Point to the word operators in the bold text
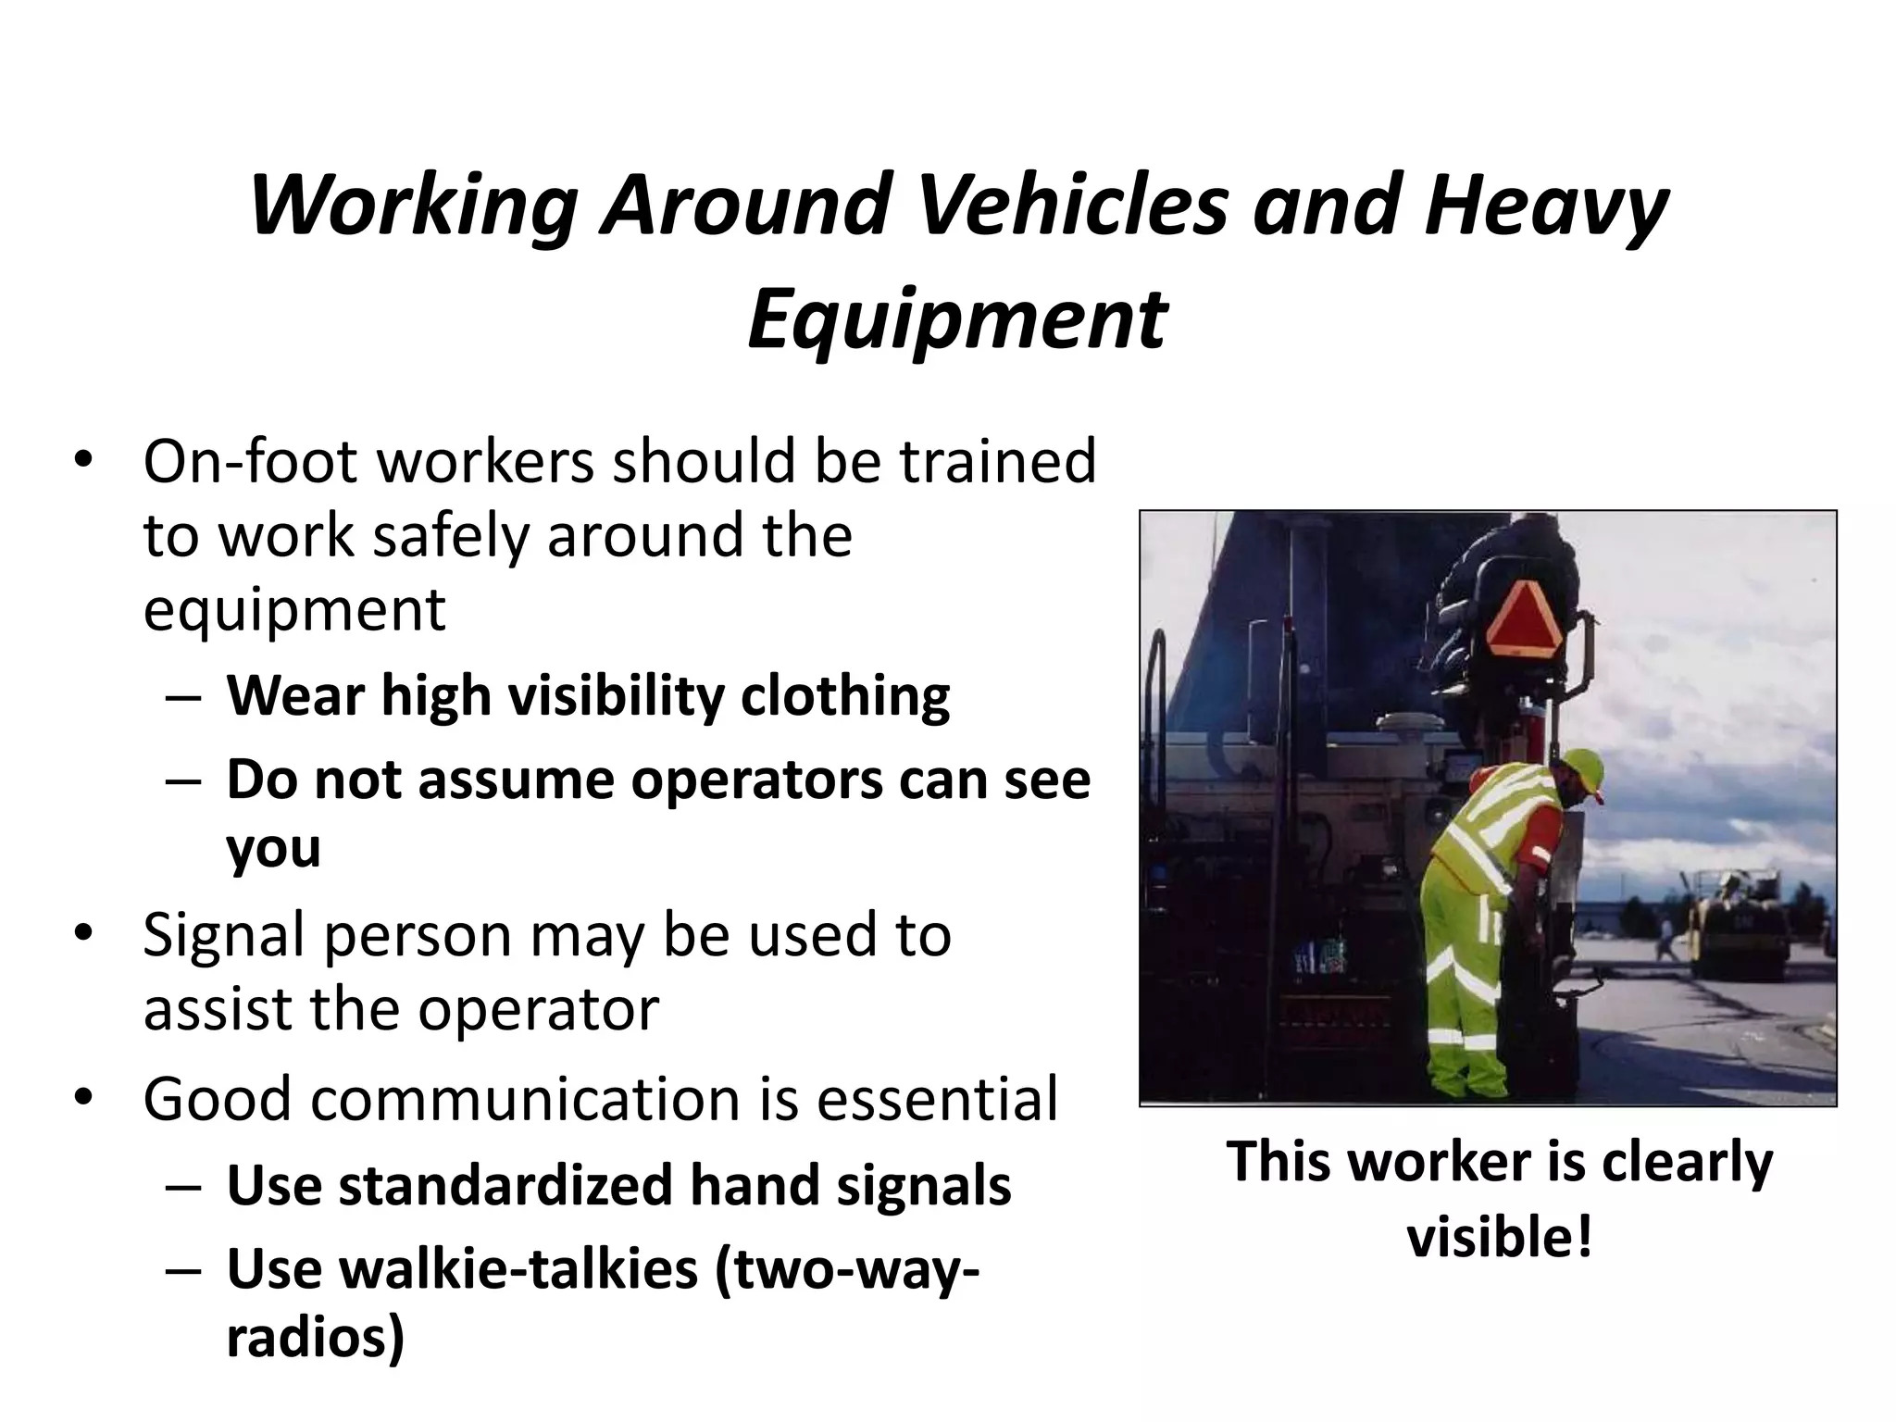tap(756, 780)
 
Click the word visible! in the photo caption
tap(1500, 1237)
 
